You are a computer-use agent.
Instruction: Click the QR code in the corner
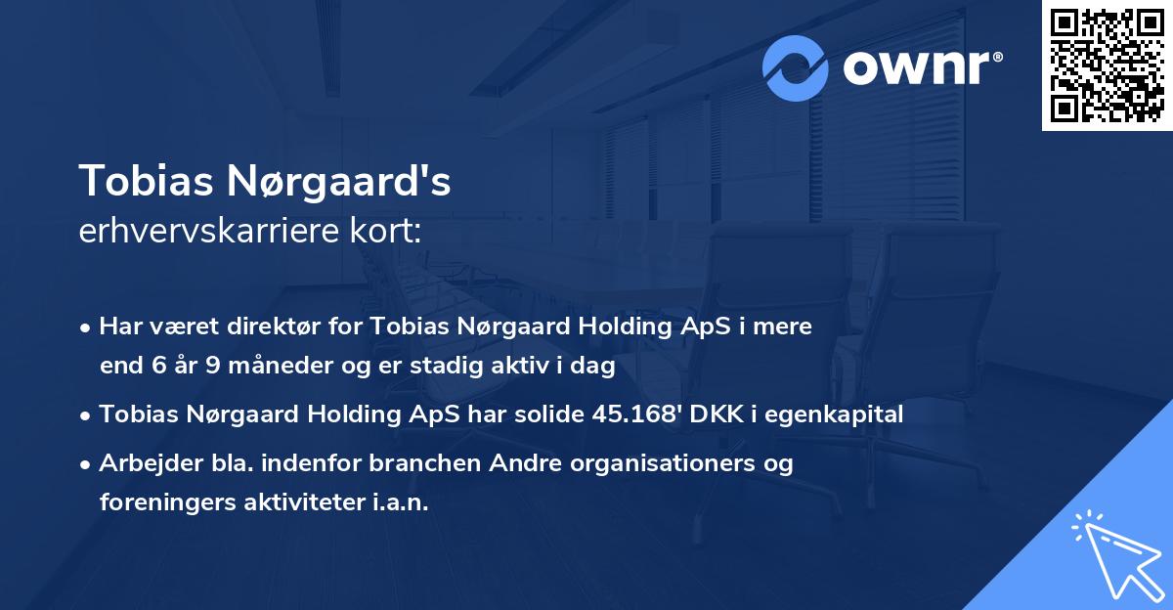1107,65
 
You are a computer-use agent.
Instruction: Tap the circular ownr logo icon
796,67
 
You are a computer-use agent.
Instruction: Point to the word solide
539,414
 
